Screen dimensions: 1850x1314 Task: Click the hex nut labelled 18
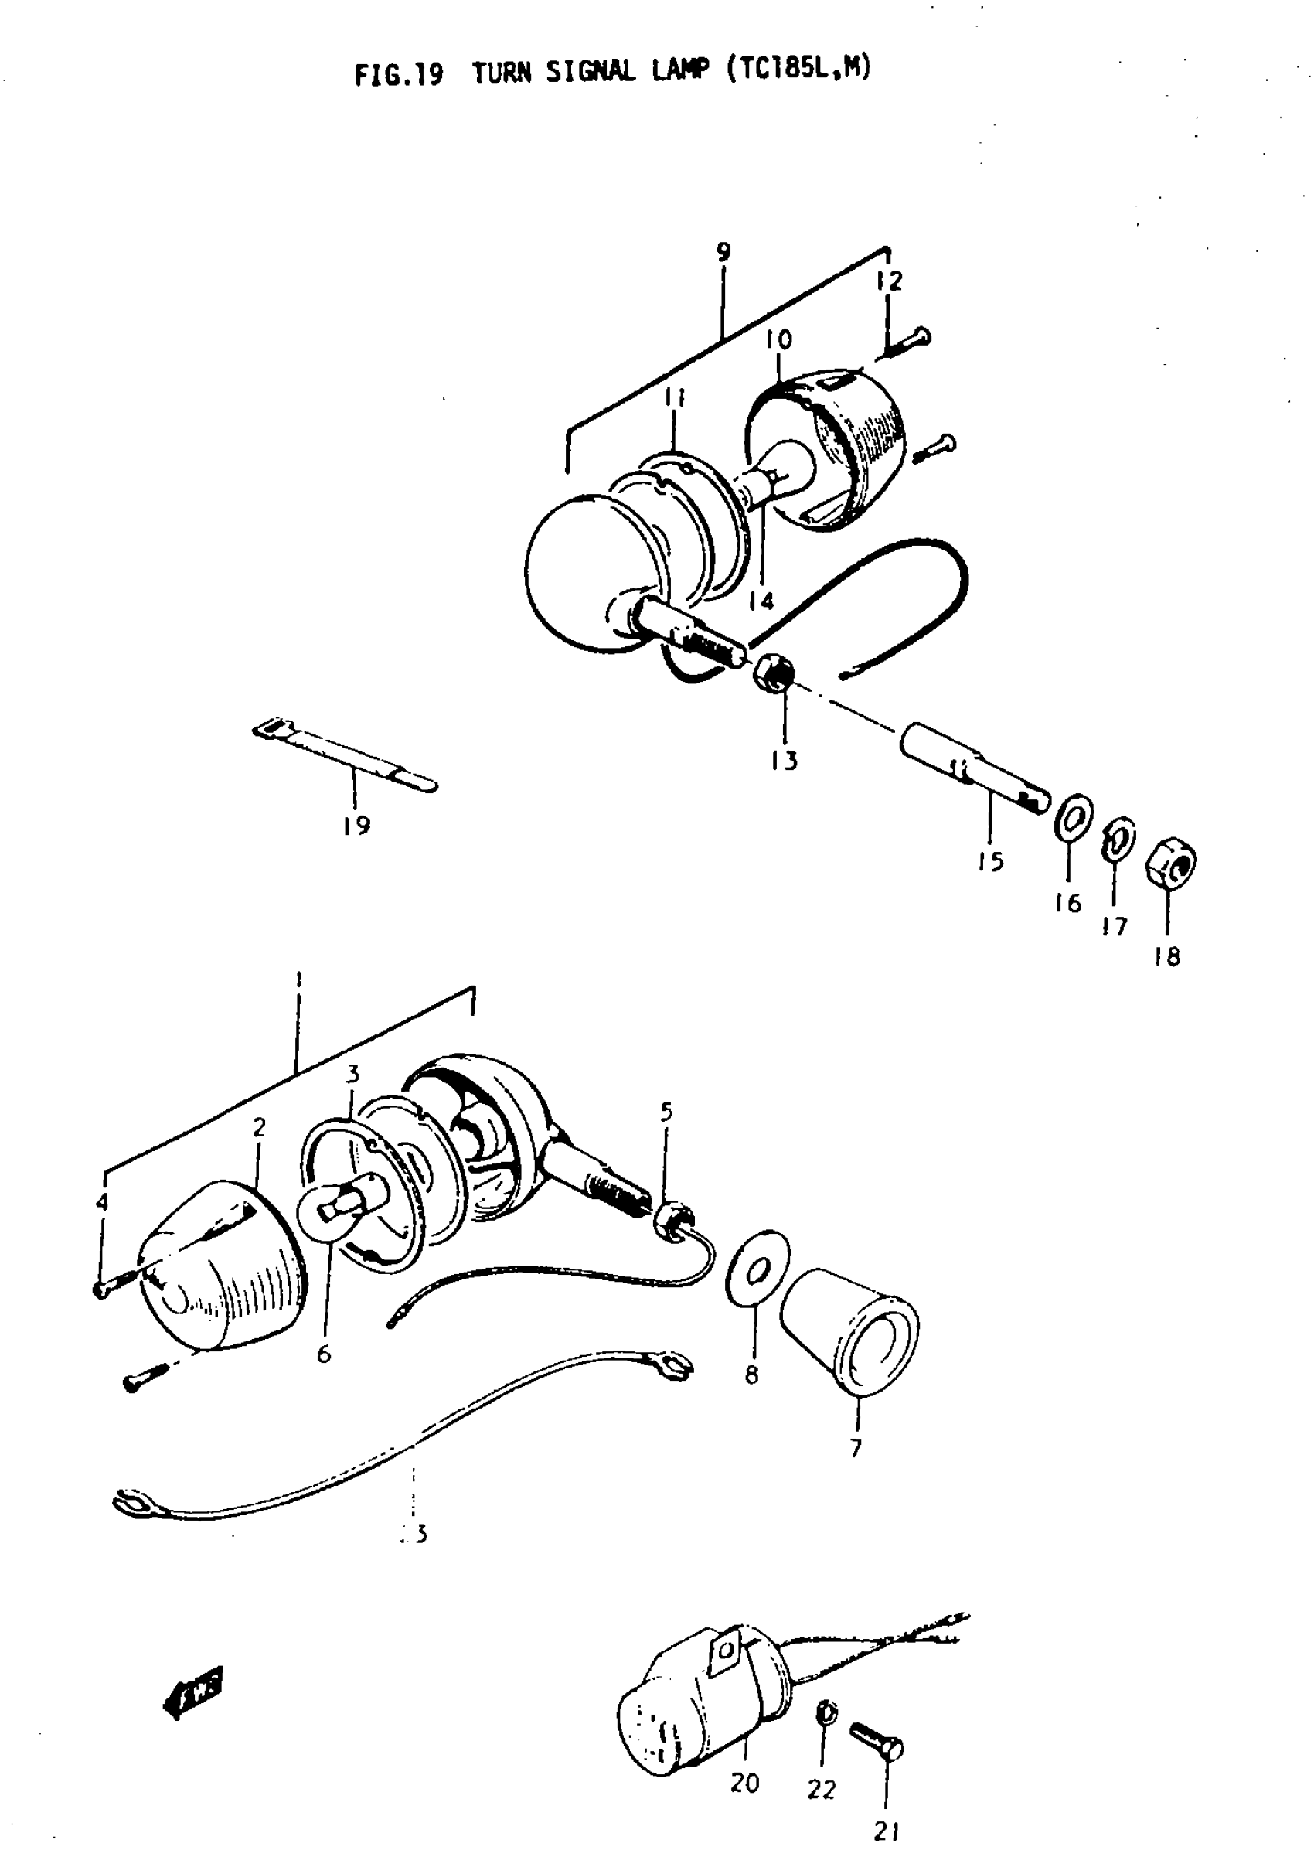1170,865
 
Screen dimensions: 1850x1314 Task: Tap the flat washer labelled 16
1074,819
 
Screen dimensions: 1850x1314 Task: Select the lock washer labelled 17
1118,842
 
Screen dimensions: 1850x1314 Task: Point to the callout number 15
989,861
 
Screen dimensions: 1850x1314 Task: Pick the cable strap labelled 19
345,755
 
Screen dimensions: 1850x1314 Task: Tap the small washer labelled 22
826,1712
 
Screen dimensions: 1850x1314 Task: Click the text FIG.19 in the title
399,74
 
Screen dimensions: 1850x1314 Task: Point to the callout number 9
723,252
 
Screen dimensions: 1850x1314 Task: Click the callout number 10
778,340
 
